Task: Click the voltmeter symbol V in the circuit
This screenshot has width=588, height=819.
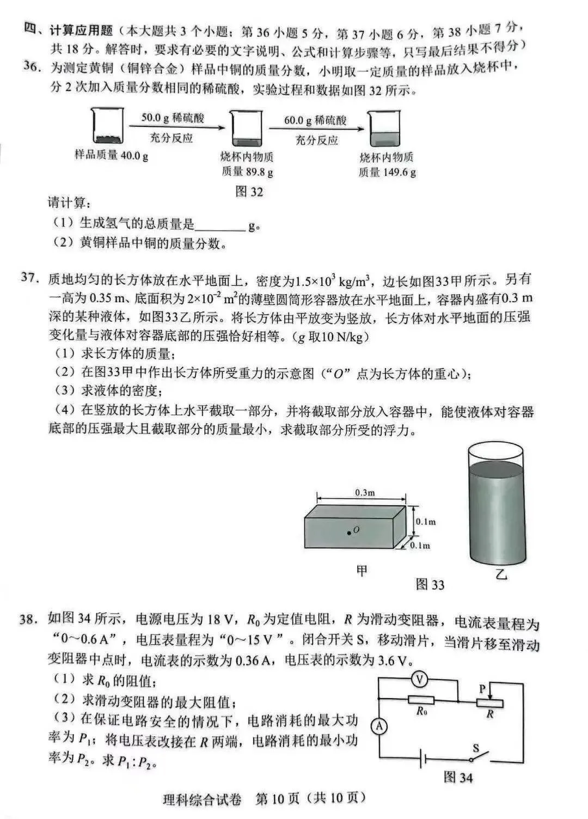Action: click(x=419, y=680)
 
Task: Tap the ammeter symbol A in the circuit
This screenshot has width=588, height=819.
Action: click(x=379, y=726)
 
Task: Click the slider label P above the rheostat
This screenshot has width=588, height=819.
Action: click(x=482, y=689)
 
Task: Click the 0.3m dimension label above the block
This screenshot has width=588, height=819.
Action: click(x=365, y=492)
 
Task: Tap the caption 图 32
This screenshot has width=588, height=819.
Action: click(x=249, y=192)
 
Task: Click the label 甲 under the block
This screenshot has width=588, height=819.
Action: click(x=362, y=570)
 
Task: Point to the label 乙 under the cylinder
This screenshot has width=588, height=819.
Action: click(x=501, y=574)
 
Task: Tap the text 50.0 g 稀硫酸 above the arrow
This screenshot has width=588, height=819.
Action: click(x=173, y=118)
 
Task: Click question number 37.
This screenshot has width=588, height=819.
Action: click(x=29, y=278)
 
